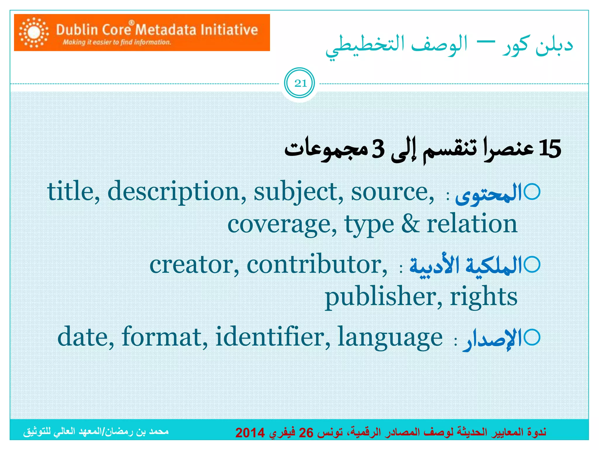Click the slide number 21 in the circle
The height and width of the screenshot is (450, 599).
[300, 83]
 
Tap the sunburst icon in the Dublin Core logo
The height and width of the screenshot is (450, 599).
[34, 33]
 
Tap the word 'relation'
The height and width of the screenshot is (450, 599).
[472, 224]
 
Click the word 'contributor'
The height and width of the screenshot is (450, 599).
[317, 264]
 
